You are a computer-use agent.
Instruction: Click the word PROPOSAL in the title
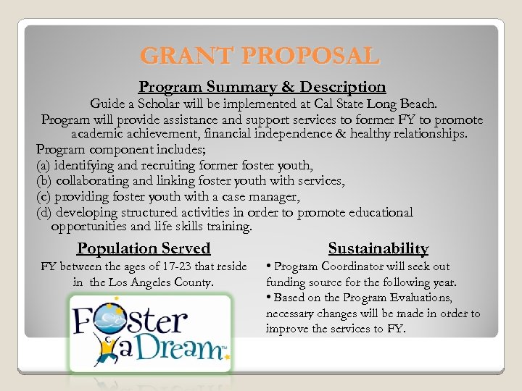click(311, 56)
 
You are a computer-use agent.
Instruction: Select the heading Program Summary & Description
click(262, 87)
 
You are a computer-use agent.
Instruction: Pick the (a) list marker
click(44, 165)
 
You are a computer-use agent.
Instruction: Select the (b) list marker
click(44, 181)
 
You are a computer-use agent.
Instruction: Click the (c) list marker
click(44, 196)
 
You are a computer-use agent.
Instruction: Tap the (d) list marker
click(44, 212)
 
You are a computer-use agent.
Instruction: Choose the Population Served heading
click(144, 248)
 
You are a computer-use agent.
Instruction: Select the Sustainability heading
click(378, 248)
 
